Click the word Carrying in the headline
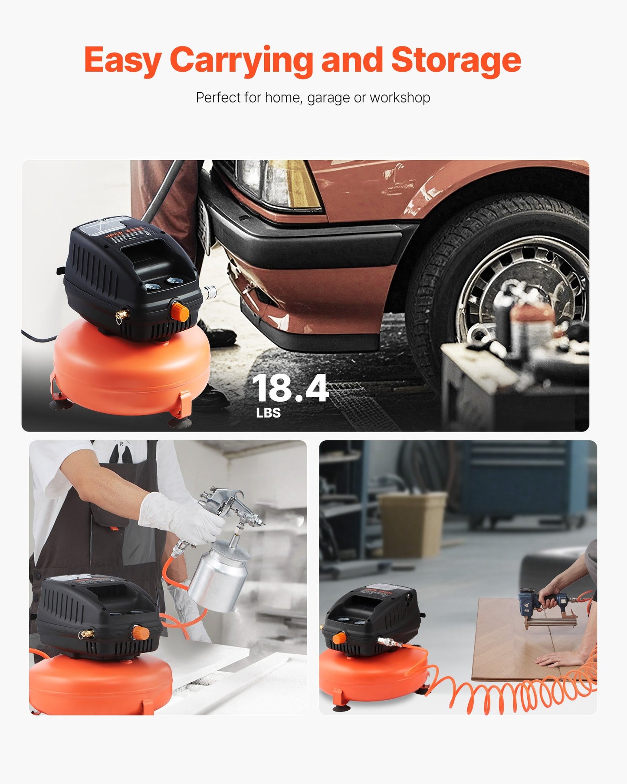(241, 60)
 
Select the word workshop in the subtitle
(400, 98)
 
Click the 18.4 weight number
(290, 388)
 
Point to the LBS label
(268, 413)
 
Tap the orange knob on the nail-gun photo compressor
(339, 638)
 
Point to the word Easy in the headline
(122, 60)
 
